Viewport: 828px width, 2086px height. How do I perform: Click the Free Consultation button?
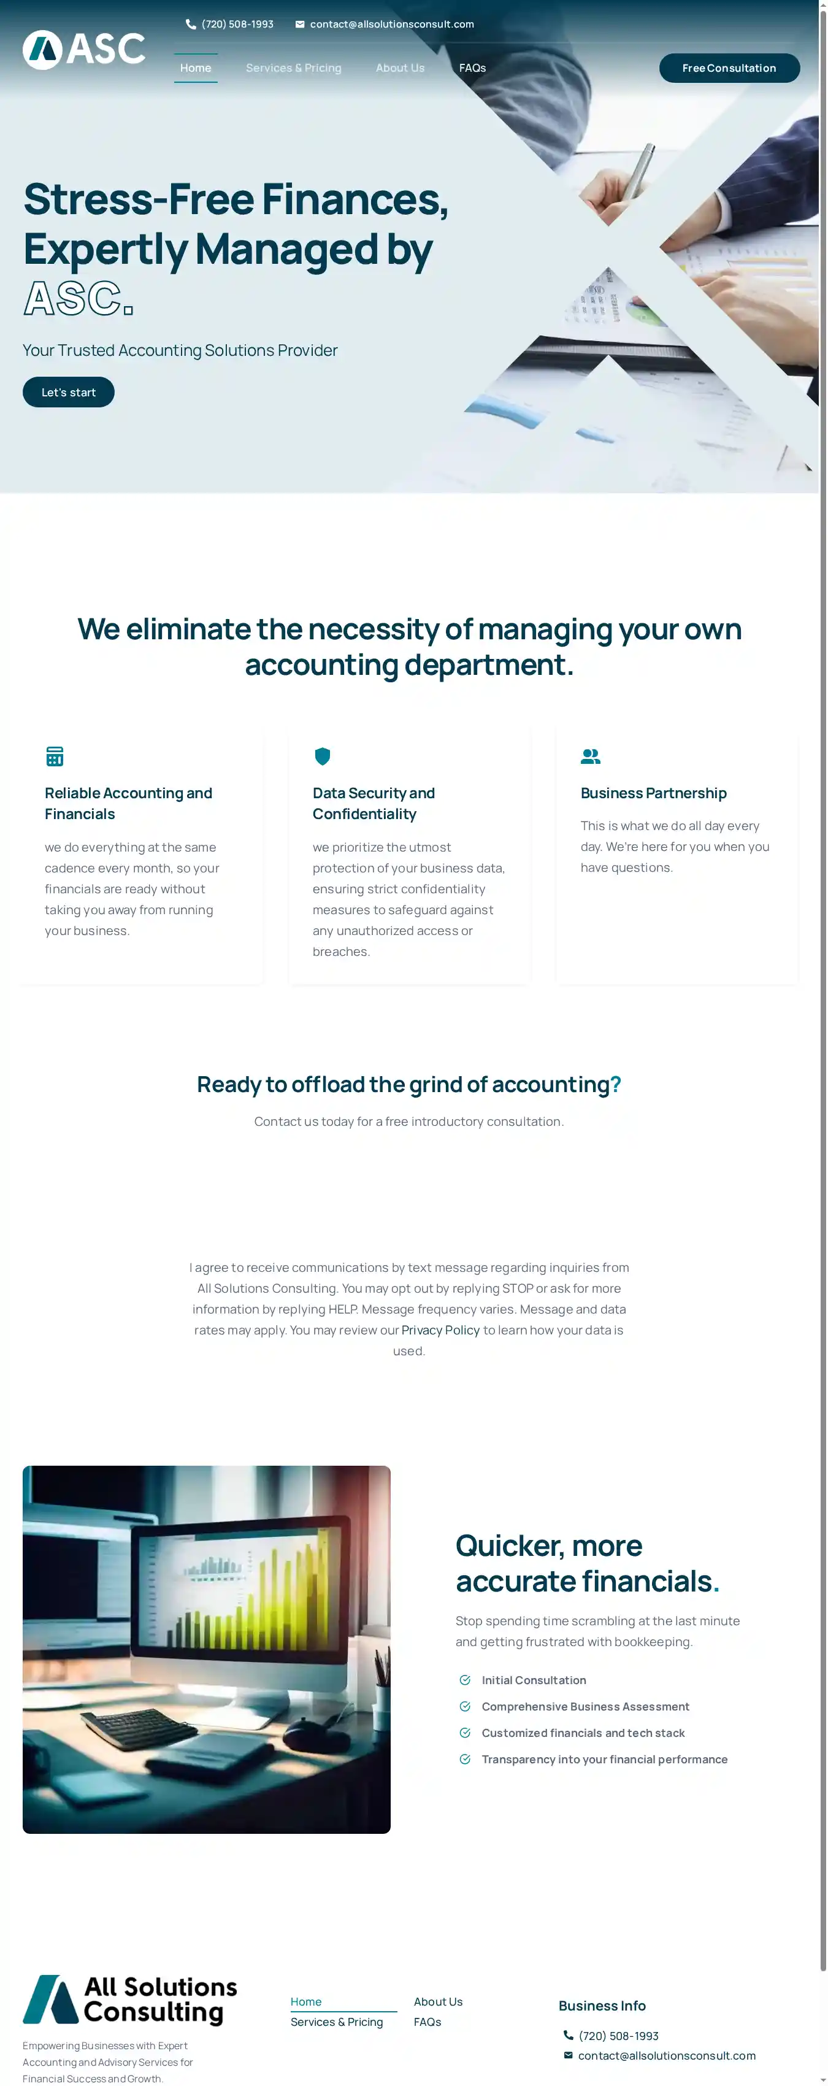pos(729,68)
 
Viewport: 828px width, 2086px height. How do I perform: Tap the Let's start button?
pos(69,393)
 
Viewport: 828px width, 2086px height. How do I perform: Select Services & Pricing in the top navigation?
pos(293,68)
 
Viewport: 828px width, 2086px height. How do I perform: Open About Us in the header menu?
pos(400,68)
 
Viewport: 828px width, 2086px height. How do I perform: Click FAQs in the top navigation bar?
pos(472,68)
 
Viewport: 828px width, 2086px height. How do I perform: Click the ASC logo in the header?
pos(83,50)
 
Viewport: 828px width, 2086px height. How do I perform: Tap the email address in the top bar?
pos(392,25)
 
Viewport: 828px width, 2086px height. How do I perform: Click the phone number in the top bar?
pos(237,25)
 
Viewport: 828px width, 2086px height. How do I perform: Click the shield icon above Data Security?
pos(322,756)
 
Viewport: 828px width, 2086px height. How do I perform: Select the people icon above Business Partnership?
pos(590,756)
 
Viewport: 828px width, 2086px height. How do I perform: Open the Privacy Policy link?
pos(440,1330)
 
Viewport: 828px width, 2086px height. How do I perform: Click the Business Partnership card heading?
pos(653,793)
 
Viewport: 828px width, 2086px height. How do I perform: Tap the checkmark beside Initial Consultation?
pos(464,1680)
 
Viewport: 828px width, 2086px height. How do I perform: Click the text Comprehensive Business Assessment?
pos(585,1706)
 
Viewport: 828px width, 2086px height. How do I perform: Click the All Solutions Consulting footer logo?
pos(129,1999)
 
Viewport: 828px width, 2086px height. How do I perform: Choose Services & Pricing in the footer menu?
pos(337,2022)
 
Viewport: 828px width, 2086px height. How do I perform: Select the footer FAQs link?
pos(427,2022)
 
